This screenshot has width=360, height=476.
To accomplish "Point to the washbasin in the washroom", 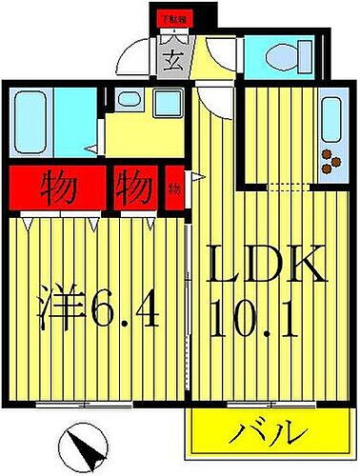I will (x=126, y=99).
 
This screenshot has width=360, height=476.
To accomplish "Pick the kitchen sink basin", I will (x=330, y=118).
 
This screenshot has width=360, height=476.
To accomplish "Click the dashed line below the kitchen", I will (x=290, y=187).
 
